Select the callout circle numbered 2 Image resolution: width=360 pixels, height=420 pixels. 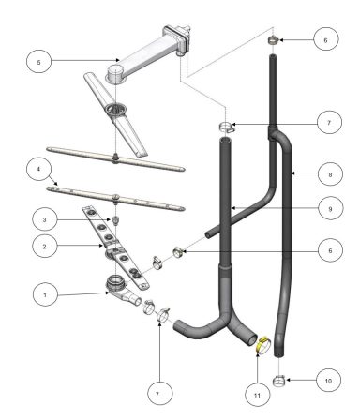tap(44, 247)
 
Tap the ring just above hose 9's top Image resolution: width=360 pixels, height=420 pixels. tap(226, 127)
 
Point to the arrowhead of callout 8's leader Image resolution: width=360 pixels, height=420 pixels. tap(293, 174)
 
